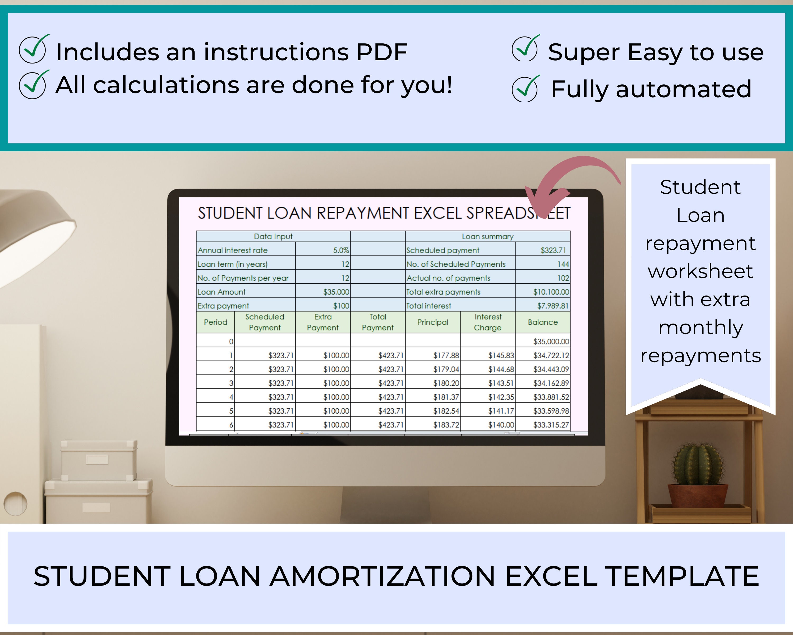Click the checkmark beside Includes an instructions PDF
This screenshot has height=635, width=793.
pos(33,50)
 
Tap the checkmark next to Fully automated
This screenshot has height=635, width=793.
pos(525,89)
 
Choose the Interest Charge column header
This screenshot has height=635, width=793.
pos(487,322)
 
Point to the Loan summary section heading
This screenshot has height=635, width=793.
pos(487,236)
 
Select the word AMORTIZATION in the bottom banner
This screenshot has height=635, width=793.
pos(382,576)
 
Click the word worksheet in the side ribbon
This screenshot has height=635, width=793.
pos(700,271)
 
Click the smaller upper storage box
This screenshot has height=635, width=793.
pos(98,460)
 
